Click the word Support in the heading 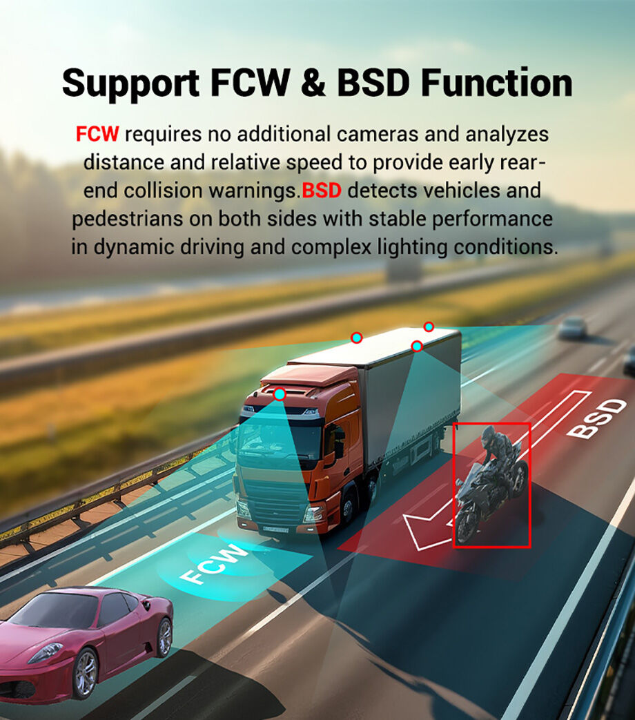131,84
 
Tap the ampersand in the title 313,83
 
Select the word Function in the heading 497,83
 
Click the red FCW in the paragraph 97,134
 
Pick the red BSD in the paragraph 322,190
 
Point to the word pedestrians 128,219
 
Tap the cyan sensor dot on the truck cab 279,394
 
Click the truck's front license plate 275,529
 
